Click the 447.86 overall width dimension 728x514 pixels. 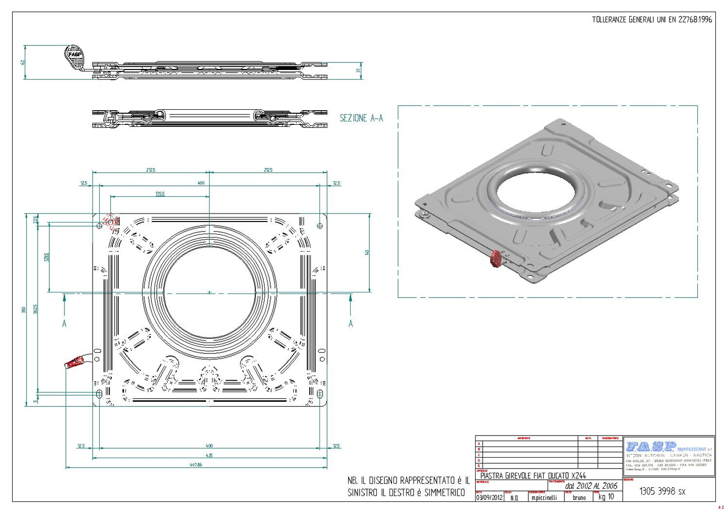tap(196, 465)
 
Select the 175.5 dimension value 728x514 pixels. tap(160, 194)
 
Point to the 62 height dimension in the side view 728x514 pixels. tap(22, 62)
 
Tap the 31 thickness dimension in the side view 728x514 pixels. tap(359, 70)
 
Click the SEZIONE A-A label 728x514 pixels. tap(361, 118)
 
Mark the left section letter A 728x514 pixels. tap(64, 324)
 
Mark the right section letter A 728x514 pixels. tap(351, 324)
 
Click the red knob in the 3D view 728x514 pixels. tap(496, 259)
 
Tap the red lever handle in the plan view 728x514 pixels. tap(75, 362)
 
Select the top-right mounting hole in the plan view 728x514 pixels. tap(320, 226)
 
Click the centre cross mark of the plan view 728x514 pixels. tap(210, 292)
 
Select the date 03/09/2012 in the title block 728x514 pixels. tap(489, 497)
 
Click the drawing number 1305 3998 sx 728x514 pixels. tap(662, 491)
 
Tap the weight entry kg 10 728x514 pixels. tap(606, 497)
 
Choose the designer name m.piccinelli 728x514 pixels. tap(544, 497)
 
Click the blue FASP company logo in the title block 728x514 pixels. tap(650, 447)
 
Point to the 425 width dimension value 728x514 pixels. tap(210, 455)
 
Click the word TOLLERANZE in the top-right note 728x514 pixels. tap(609, 20)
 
